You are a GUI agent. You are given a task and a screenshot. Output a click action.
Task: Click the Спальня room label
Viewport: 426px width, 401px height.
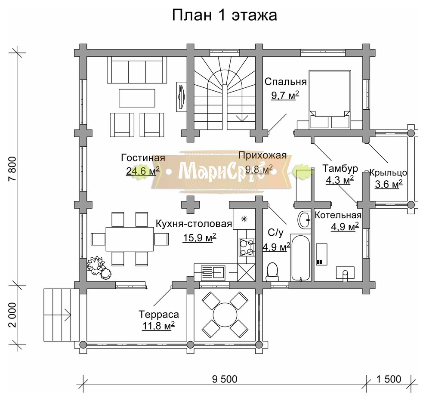285,82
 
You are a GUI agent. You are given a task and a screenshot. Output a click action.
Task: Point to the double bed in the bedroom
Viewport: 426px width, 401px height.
330,98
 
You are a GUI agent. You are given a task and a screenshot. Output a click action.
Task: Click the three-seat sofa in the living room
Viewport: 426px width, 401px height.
137,71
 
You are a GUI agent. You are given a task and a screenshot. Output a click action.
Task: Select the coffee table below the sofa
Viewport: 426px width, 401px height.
137,98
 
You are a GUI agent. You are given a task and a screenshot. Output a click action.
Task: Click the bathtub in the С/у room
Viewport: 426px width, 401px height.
300,257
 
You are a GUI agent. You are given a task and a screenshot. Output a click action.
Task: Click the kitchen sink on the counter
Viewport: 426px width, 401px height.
213,272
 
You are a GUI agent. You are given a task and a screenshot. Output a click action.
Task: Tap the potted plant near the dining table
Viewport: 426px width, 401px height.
99,268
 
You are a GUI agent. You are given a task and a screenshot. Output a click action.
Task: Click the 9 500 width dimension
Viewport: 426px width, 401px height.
225,379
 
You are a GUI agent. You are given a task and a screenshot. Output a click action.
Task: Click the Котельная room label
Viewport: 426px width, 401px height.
338,215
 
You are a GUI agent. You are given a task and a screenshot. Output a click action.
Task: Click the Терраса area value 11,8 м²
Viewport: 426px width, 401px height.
158,326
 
